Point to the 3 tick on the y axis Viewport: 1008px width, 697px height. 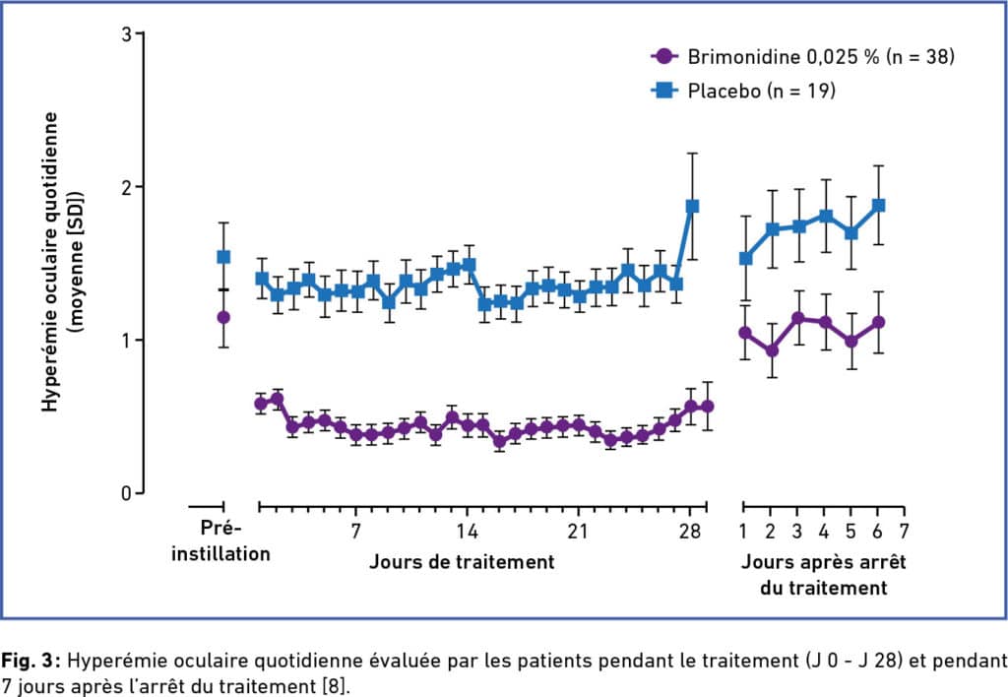127,34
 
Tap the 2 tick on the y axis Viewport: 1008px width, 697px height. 127,187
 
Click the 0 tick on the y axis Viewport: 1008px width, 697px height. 127,493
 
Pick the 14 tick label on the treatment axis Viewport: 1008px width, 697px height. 468,532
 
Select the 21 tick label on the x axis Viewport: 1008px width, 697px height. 578,532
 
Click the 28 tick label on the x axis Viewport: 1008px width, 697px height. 689,532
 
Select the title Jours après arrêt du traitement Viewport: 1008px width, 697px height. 823,575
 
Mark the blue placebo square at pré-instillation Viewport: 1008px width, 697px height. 223,257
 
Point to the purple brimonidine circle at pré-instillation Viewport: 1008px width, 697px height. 223,317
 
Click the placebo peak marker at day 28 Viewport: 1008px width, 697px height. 692,207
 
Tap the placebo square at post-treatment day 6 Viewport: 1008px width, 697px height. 878,205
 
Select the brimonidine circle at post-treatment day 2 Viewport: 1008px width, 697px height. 773,350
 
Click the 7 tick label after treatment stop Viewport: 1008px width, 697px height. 905,532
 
